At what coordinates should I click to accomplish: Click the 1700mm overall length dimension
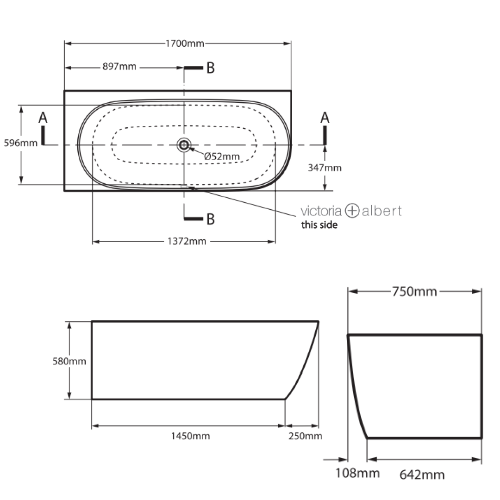pos(185,44)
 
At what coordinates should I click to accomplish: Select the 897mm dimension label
pos(119,67)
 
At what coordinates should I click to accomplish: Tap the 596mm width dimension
pos(20,143)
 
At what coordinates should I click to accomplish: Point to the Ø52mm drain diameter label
pos(222,156)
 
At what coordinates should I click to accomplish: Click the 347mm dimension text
pos(325,168)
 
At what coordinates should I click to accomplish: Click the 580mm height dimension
pos(69,361)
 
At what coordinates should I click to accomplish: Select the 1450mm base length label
pos(190,436)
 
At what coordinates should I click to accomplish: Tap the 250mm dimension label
pos(305,436)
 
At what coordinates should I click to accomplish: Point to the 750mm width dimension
pos(414,292)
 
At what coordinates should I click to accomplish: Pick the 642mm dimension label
pos(422,474)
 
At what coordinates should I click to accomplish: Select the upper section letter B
pos(210,68)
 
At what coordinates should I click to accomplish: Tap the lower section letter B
pos(210,219)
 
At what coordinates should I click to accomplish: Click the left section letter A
pos(43,119)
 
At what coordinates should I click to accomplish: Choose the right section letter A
pos(325,119)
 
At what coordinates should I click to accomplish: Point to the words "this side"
pos(319,225)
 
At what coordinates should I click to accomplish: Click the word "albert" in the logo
pos(382,211)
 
